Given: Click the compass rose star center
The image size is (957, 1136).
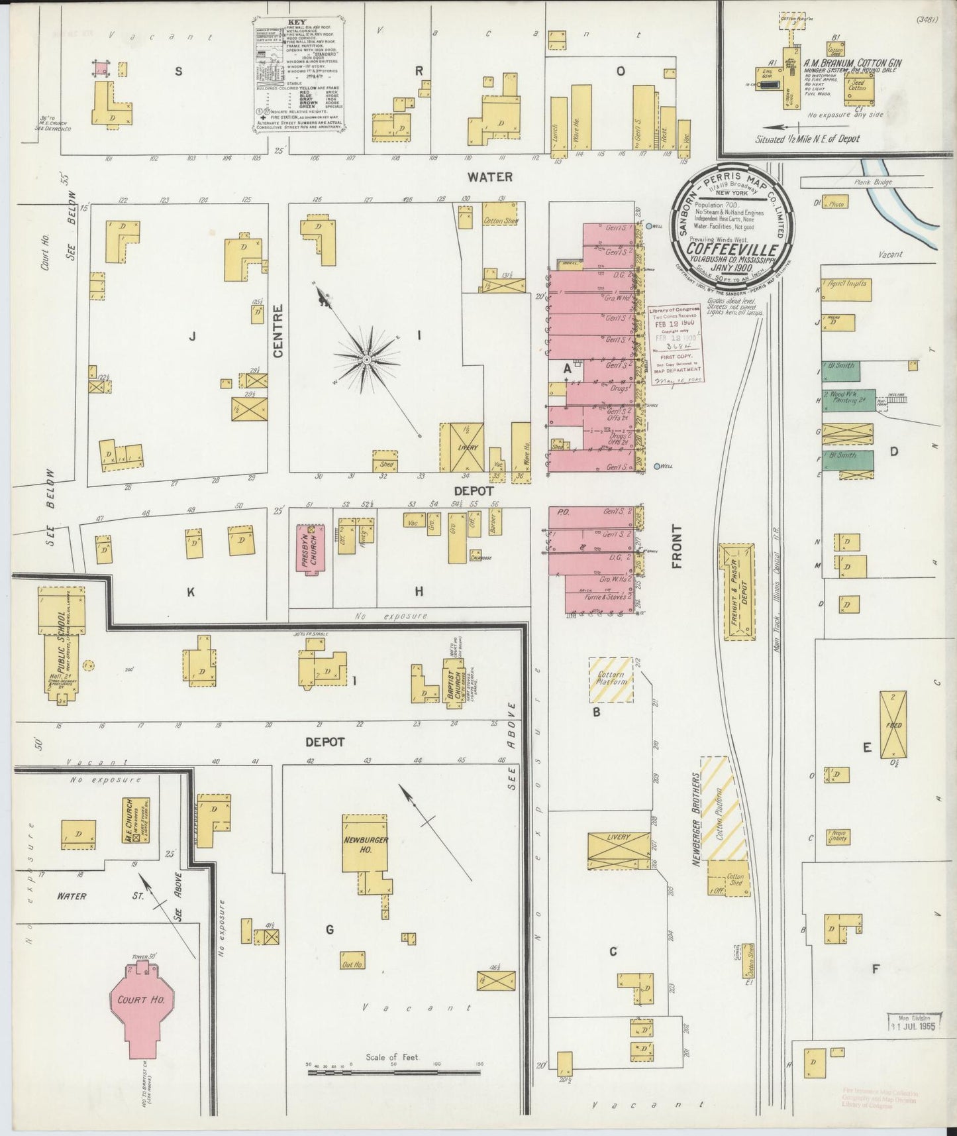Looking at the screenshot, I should point(366,359).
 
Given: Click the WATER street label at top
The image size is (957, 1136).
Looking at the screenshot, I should point(489,176).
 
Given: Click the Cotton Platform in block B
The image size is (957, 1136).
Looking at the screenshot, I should point(611,679).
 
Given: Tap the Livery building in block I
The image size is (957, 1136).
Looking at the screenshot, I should point(463,447).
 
